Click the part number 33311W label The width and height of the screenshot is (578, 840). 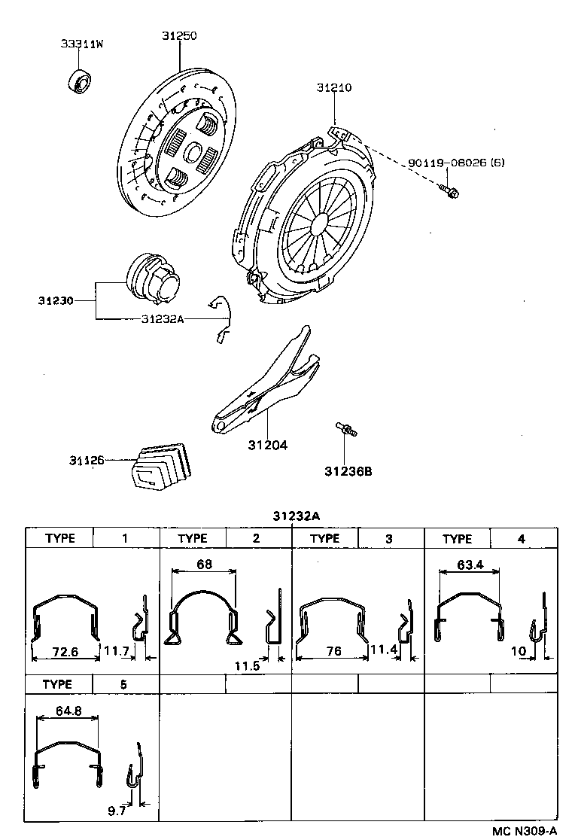(x=82, y=44)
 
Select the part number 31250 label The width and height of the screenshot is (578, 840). (x=179, y=35)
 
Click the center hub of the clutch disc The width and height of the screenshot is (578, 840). (x=192, y=155)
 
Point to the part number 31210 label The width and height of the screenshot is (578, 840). (x=333, y=88)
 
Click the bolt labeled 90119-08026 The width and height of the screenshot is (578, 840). (x=449, y=192)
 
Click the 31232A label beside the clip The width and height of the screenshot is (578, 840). (x=162, y=318)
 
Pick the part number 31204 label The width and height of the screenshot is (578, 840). (x=268, y=445)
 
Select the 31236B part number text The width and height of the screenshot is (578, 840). (x=348, y=472)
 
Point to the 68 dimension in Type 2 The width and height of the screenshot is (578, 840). (x=203, y=565)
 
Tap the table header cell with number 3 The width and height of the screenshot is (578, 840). (x=389, y=538)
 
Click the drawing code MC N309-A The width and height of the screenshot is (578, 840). (x=525, y=830)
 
